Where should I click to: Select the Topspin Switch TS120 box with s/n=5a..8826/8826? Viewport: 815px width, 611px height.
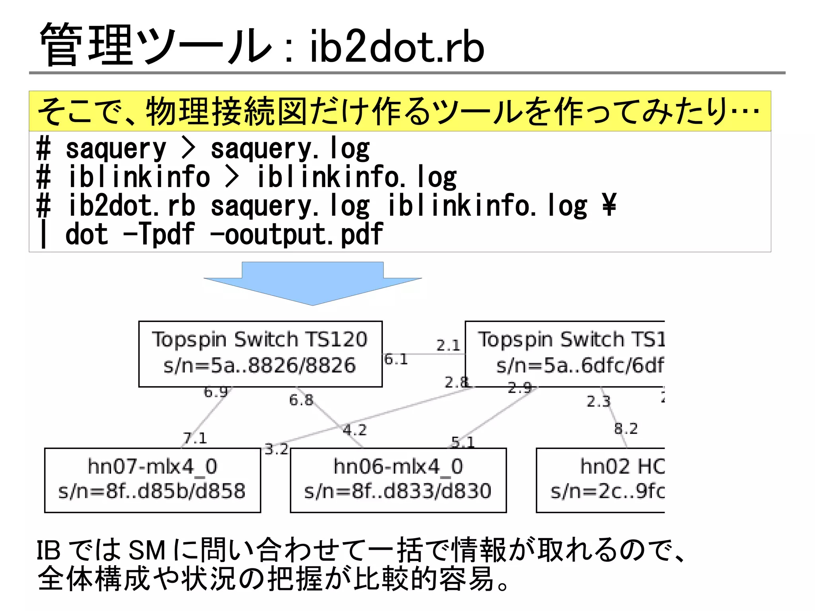[x=260, y=354]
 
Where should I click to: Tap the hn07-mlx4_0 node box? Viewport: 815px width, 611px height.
[x=152, y=480]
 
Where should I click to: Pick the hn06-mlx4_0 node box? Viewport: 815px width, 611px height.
[x=398, y=480]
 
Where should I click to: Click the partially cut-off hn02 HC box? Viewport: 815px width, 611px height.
[x=601, y=480]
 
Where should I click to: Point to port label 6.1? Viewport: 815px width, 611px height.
[x=396, y=359]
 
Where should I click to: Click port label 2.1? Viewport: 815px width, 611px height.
[x=448, y=345]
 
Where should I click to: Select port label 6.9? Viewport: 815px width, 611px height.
[x=215, y=392]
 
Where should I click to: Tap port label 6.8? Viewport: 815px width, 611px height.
[x=301, y=400]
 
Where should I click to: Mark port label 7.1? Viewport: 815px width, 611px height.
[x=195, y=438]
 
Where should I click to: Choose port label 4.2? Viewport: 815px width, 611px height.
[x=354, y=430]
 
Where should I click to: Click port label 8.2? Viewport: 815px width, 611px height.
[x=626, y=429]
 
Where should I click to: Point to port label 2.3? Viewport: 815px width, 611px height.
[x=598, y=401]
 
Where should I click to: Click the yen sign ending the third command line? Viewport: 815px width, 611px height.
[x=609, y=205]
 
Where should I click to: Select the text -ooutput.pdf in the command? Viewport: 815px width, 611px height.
[x=296, y=234]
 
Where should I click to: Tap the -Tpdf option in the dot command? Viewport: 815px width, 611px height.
[x=159, y=234]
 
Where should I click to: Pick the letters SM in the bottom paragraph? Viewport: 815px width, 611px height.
[x=147, y=551]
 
